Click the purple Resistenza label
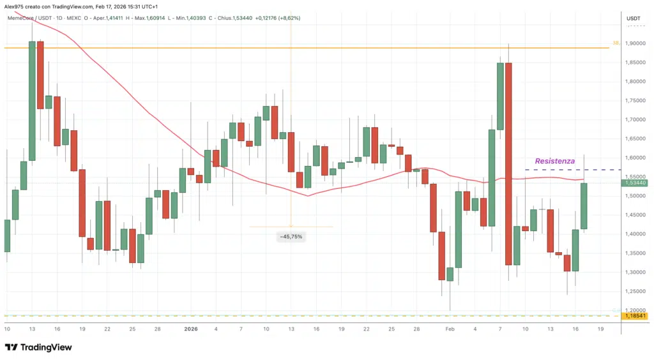pos(554,161)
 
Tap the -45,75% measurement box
pos(291,237)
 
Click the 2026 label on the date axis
pos(191,329)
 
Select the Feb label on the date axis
pos(450,329)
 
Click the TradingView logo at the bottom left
pos(38,347)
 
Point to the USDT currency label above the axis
pos(634,19)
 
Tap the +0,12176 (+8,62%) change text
pos(278,18)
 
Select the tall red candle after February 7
pos(508,163)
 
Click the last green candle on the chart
pos(584,206)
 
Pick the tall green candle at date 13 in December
pos(32,100)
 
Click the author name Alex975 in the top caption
pos(16,6)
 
